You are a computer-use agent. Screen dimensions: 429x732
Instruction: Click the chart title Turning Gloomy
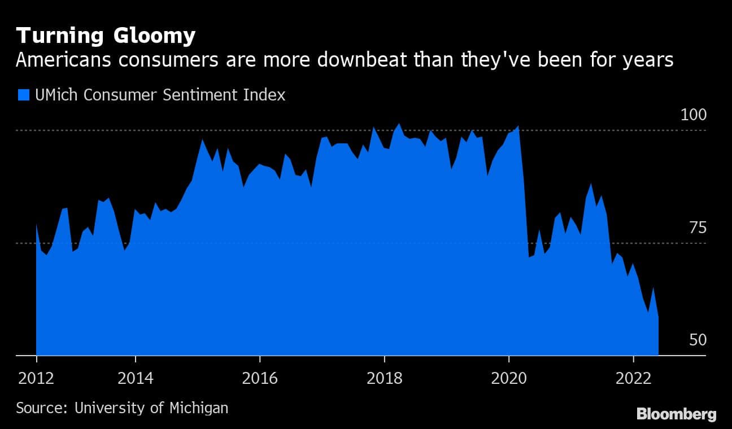[x=106, y=36]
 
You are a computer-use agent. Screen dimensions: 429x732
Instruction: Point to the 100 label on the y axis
[x=694, y=115]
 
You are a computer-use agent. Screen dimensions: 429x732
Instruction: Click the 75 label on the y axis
[x=698, y=228]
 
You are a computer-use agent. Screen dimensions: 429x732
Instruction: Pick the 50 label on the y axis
[x=698, y=340]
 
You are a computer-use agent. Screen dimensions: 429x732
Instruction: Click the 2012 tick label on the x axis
[x=36, y=378]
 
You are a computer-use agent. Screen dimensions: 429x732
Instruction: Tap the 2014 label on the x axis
[x=136, y=378]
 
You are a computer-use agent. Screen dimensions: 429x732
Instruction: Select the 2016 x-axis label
[x=259, y=378]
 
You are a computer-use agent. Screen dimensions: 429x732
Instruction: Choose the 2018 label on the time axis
[x=384, y=378]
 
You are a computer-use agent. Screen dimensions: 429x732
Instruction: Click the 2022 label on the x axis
[x=633, y=378]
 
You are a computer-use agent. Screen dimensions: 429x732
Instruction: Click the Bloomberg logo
[x=676, y=414]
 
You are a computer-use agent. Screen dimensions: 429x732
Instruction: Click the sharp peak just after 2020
[x=518, y=126]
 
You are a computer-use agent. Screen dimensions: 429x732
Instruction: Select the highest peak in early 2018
[x=399, y=124]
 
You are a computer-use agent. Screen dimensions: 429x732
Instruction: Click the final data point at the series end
[x=658, y=317]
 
